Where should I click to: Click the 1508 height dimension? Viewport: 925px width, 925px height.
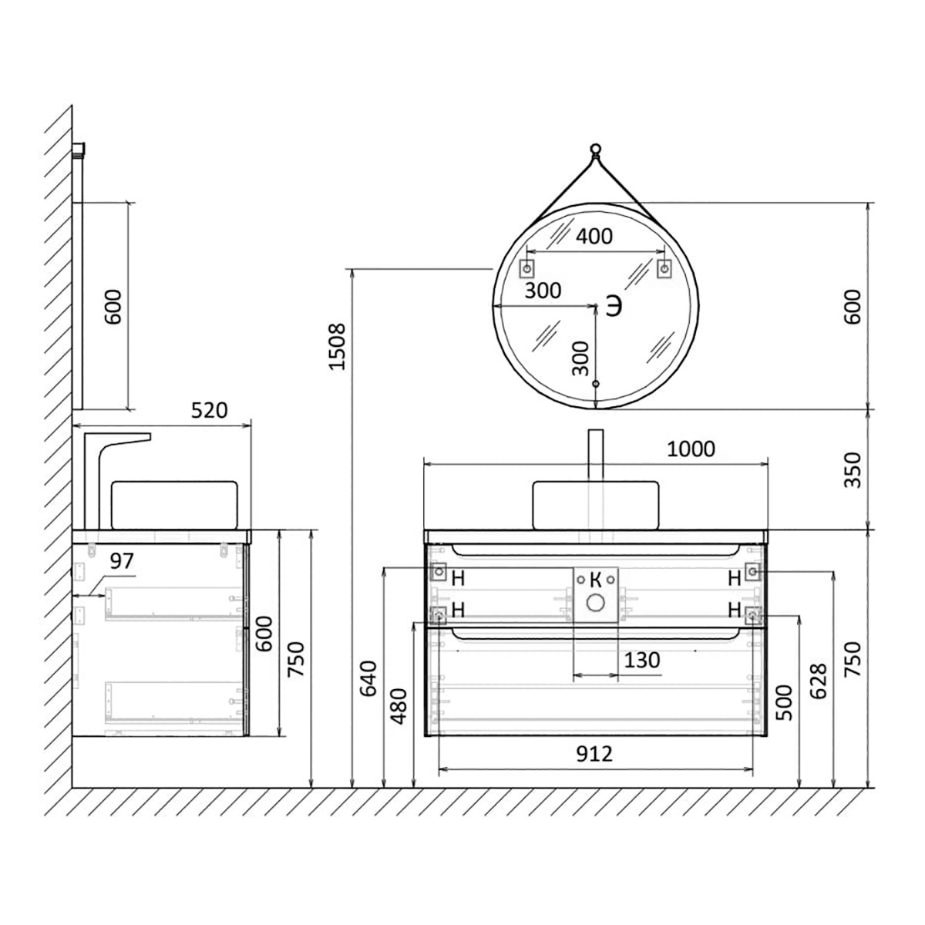point(338,347)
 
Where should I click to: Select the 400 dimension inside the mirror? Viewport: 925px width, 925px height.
point(594,236)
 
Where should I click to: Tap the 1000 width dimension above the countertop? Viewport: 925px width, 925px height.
point(691,449)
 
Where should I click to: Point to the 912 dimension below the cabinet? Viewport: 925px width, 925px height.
point(594,754)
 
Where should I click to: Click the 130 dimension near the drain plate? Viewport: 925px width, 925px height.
point(642,661)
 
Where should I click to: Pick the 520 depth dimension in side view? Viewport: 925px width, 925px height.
point(210,410)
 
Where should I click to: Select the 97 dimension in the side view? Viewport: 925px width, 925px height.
point(122,560)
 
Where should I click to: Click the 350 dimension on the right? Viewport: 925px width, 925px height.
point(853,470)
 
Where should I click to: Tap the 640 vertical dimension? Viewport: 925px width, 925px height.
point(368,679)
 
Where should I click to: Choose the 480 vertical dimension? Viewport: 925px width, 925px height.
point(399,706)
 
